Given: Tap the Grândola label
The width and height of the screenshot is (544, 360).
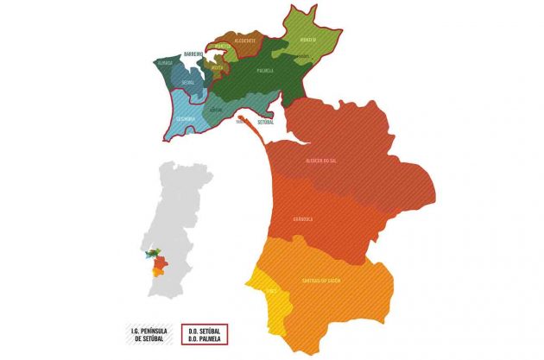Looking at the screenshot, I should click(302, 219).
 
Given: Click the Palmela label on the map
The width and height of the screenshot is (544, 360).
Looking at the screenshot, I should click(265, 70).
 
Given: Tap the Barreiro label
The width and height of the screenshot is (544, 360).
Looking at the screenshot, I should click(193, 53).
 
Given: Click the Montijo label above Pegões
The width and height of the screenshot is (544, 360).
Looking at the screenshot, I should click(309, 40).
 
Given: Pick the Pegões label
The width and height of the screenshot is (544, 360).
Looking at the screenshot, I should click(303, 57).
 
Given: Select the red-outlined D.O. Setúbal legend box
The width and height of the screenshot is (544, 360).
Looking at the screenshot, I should click(204, 334).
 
